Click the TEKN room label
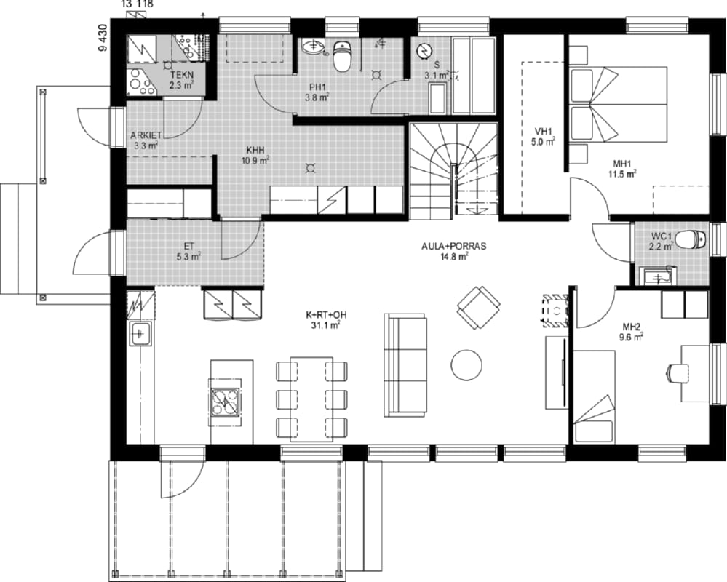[181, 75]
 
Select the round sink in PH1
[314, 46]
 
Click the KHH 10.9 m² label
[255, 155]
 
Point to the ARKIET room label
[146, 135]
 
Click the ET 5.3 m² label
[188, 250]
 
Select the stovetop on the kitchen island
[225, 402]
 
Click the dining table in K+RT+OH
[311, 399]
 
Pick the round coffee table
[466, 364]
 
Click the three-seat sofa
[405, 365]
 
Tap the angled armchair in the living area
[479, 308]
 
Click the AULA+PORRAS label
[453, 247]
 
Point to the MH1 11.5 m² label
[621, 169]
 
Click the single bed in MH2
[594, 396]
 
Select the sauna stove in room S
[424, 51]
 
